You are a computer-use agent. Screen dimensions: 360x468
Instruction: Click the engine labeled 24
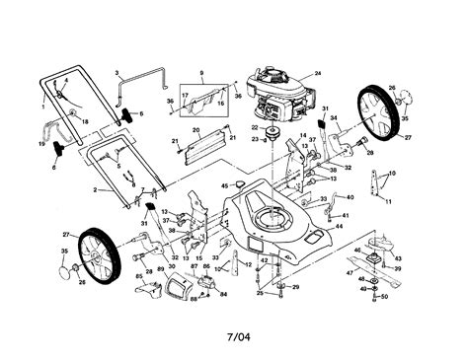266,94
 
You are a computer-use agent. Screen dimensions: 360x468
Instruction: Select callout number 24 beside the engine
318,72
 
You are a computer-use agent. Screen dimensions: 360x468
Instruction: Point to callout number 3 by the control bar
117,73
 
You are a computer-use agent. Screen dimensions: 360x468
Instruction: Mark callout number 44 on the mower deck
339,227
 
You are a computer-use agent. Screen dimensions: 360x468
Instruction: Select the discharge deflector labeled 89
176,288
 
